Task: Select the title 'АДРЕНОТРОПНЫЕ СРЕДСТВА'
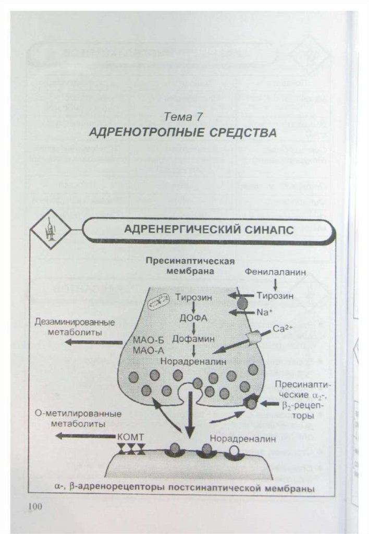(x=182, y=132)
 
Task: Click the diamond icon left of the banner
(x=51, y=229)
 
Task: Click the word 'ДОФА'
(x=194, y=318)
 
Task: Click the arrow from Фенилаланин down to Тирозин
(x=275, y=284)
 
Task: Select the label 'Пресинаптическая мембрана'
(x=190, y=265)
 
